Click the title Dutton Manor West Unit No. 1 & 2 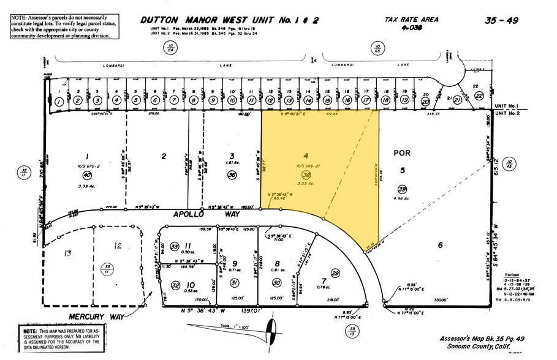pyautogui.click(x=230, y=20)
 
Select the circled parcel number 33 pyautogui.click(x=175, y=246)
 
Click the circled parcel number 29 pyautogui.click(x=335, y=272)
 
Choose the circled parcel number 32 pyautogui.click(x=175, y=285)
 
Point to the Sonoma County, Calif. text pyautogui.click(x=484, y=347)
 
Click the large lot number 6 pyautogui.click(x=439, y=246)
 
